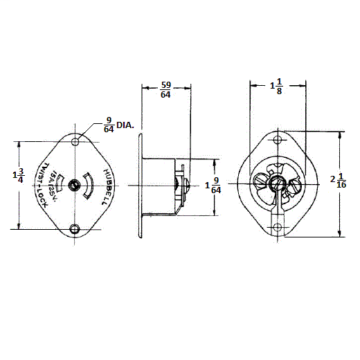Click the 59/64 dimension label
tap(165, 90)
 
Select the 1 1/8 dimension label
tap(276, 87)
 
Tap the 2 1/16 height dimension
tap(339, 181)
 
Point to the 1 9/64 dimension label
tap(213, 186)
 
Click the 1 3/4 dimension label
tap(18, 176)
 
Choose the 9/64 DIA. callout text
tap(119, 125)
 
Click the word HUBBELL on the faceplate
tap(105, 187)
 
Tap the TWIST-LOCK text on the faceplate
tap(44, 185)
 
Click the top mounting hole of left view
tap(75, 141)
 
